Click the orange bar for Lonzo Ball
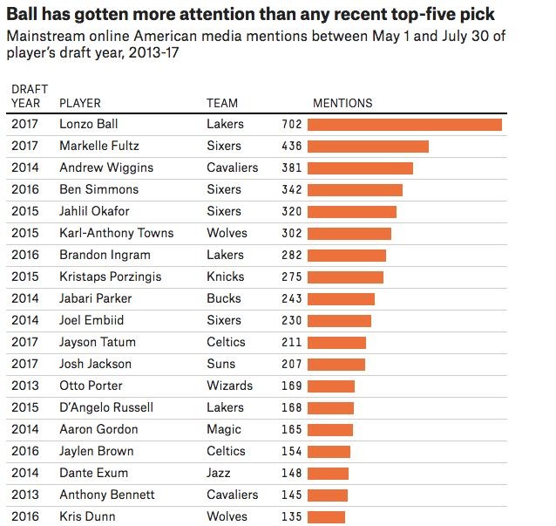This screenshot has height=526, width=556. pos(405,125)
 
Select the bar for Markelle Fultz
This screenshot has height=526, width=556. pos(369,147)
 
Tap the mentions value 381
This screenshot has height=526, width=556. pos(292,168)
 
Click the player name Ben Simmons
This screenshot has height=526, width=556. pos(98,189)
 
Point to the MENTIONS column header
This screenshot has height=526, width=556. pos(342,103)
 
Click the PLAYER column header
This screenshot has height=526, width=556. pos(80,103)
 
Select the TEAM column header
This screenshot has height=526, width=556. pos(222,103)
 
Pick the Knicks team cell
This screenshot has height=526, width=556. pos(226,277)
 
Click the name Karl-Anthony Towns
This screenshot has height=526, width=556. pos(116,233)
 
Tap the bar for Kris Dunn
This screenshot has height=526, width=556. pos(327,516)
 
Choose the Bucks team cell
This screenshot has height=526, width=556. pos(224,298)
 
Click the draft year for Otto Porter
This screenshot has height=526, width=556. pos(25,386)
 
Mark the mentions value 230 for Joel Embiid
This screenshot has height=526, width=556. pos(292,320)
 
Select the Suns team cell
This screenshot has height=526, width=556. pos(221,364)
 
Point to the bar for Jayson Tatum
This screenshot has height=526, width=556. pos(337,342)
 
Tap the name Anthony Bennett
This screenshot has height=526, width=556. pos(106,495)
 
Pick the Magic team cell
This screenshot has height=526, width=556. pos(224,429)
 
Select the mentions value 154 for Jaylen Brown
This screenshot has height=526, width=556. pos(292,451)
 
